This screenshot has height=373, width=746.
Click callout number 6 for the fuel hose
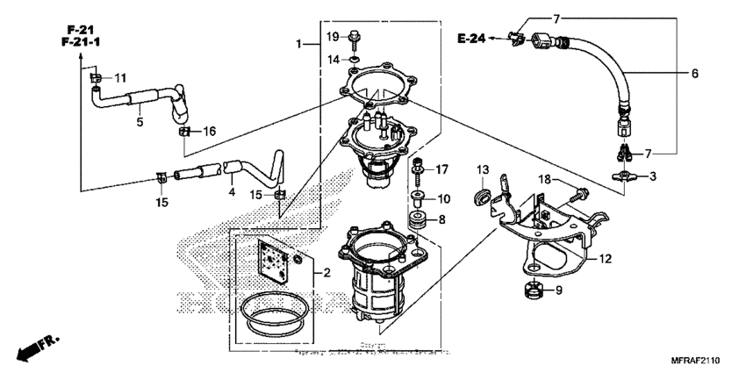tap(693, 75)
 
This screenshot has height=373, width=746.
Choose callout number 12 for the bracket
tap(605, 259)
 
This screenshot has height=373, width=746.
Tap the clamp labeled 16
tap(185, 132)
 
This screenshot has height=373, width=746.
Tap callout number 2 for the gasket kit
tap(326, 273)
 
